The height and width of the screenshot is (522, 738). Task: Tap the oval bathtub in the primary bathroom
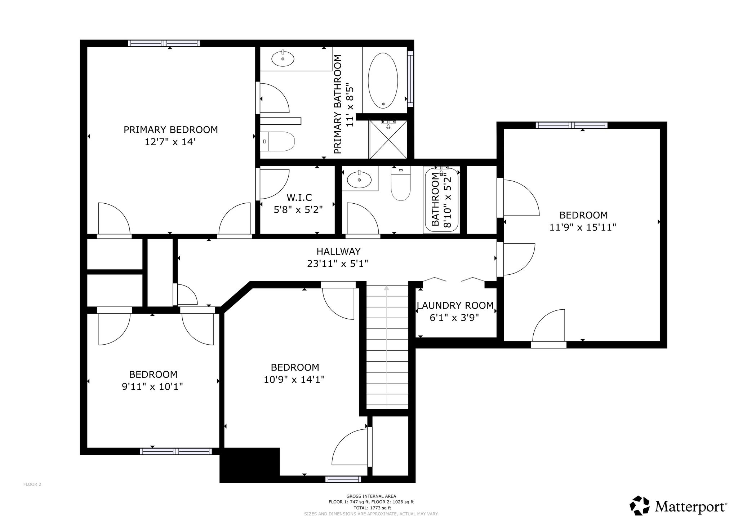[383, 80]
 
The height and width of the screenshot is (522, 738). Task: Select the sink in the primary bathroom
[283, 59]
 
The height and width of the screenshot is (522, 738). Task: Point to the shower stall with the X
[388, 139]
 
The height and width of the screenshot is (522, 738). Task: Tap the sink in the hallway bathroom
[359, 180]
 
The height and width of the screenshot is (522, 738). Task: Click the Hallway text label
[338, 251]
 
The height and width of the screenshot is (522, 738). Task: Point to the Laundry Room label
[455, 306]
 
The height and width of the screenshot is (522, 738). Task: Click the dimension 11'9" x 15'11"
[583, 227]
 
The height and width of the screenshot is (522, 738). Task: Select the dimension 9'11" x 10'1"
[152, 387]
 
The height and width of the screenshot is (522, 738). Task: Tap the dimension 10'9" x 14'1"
[294, 380]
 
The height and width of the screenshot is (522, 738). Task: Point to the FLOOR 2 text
[32, 484]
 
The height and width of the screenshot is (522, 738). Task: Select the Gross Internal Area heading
[371, 496]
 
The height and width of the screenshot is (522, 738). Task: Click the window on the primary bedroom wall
[164, 43]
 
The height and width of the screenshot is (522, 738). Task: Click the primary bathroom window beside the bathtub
[410, 79]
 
